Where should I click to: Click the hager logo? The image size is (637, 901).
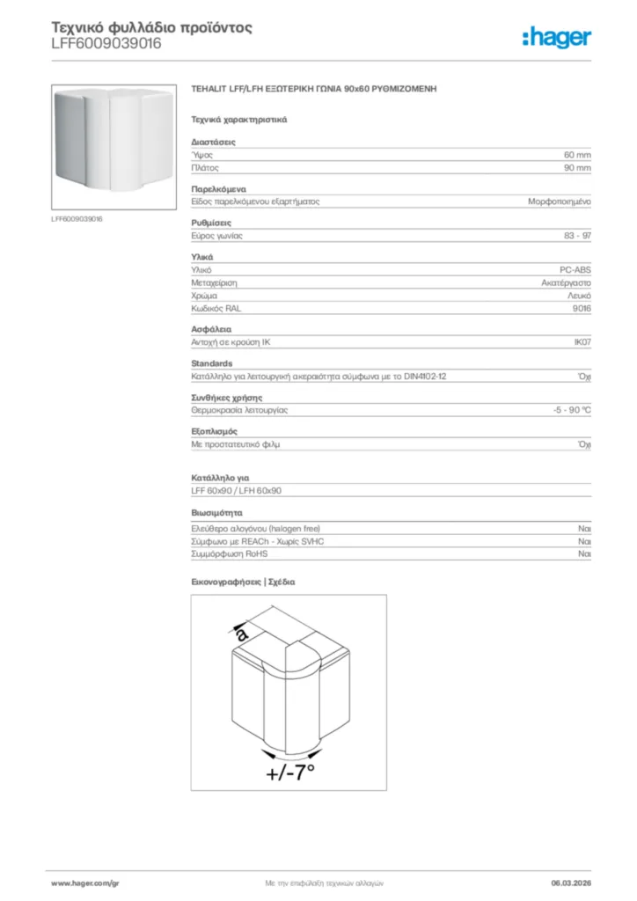(x=556, y=37)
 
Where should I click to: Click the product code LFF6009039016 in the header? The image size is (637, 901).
(x=106, y=43)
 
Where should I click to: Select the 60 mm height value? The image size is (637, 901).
(x=577, y=154)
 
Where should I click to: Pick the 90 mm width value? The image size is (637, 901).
(x=577, y=167)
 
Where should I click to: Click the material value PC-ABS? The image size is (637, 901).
(x=575, y=269)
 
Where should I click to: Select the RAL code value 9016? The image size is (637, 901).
(x=582, y=309)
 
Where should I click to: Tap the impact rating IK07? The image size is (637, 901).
(x=582, y=342)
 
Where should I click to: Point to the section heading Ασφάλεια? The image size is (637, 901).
(x=211, y=329)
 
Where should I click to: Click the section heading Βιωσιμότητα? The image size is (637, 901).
(x=216, y=512)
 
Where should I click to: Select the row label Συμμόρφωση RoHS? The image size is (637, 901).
(x=229, y=554)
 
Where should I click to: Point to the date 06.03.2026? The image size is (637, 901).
(x=571, y=883)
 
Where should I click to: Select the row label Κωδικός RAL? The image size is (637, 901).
(x=216, y=309)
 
